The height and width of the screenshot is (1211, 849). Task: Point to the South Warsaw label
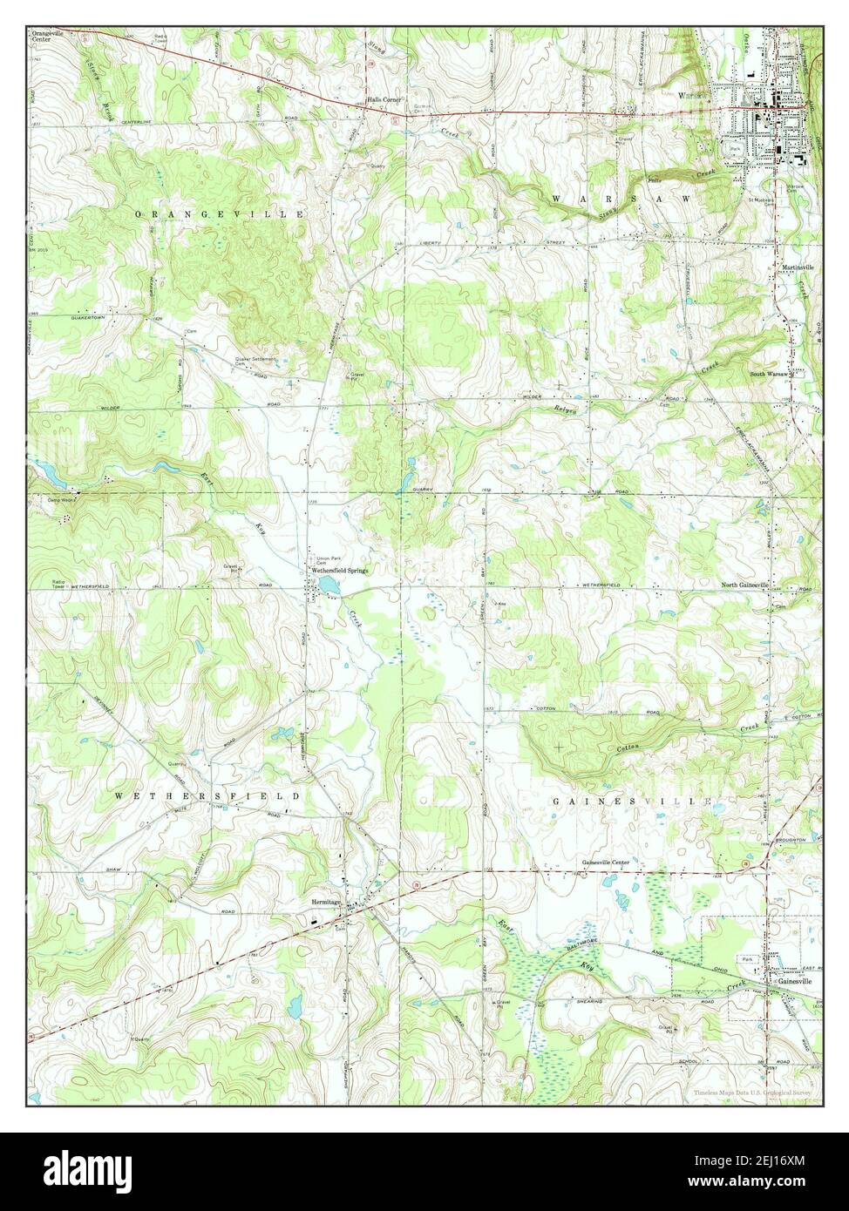770,375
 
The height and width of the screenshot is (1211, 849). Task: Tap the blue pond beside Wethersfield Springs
328,585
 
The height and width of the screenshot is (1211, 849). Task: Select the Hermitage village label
324,903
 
